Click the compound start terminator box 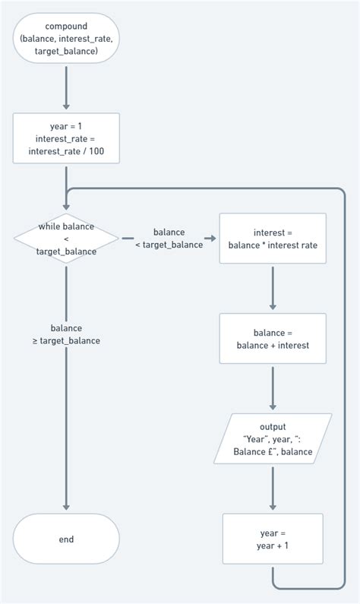pyautogui.click(x=66, y=39)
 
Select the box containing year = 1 pyautogui.click(x=66, y=138)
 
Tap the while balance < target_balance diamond pyautogui.click(x=66, y=239)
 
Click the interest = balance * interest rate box pyautogui.click(x=273, y=239)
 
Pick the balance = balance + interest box pyautogui.click(x=273, y=339)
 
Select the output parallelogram pyautogui.click(x=273, y=439)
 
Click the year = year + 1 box pyautogui.click(x=273, y=539)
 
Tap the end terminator pyautogui.click(x=66, y=539)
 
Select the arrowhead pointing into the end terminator pyautogui.click(x=66, y=508)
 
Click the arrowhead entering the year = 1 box pyautogui.click(x=66, y=107)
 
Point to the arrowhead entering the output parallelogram pyautogui.click(x=273, y=407)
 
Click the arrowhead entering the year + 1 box pyautogui.click(x=273, y=508)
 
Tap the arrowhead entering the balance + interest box pyautogui.click(x=273, y=307)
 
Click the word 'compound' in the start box pyautogui.click(x=66, y=27)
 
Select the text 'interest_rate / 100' pyautogui.click(x=66, y=150)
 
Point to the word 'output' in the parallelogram pyautogui.click(x=273, y=427)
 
